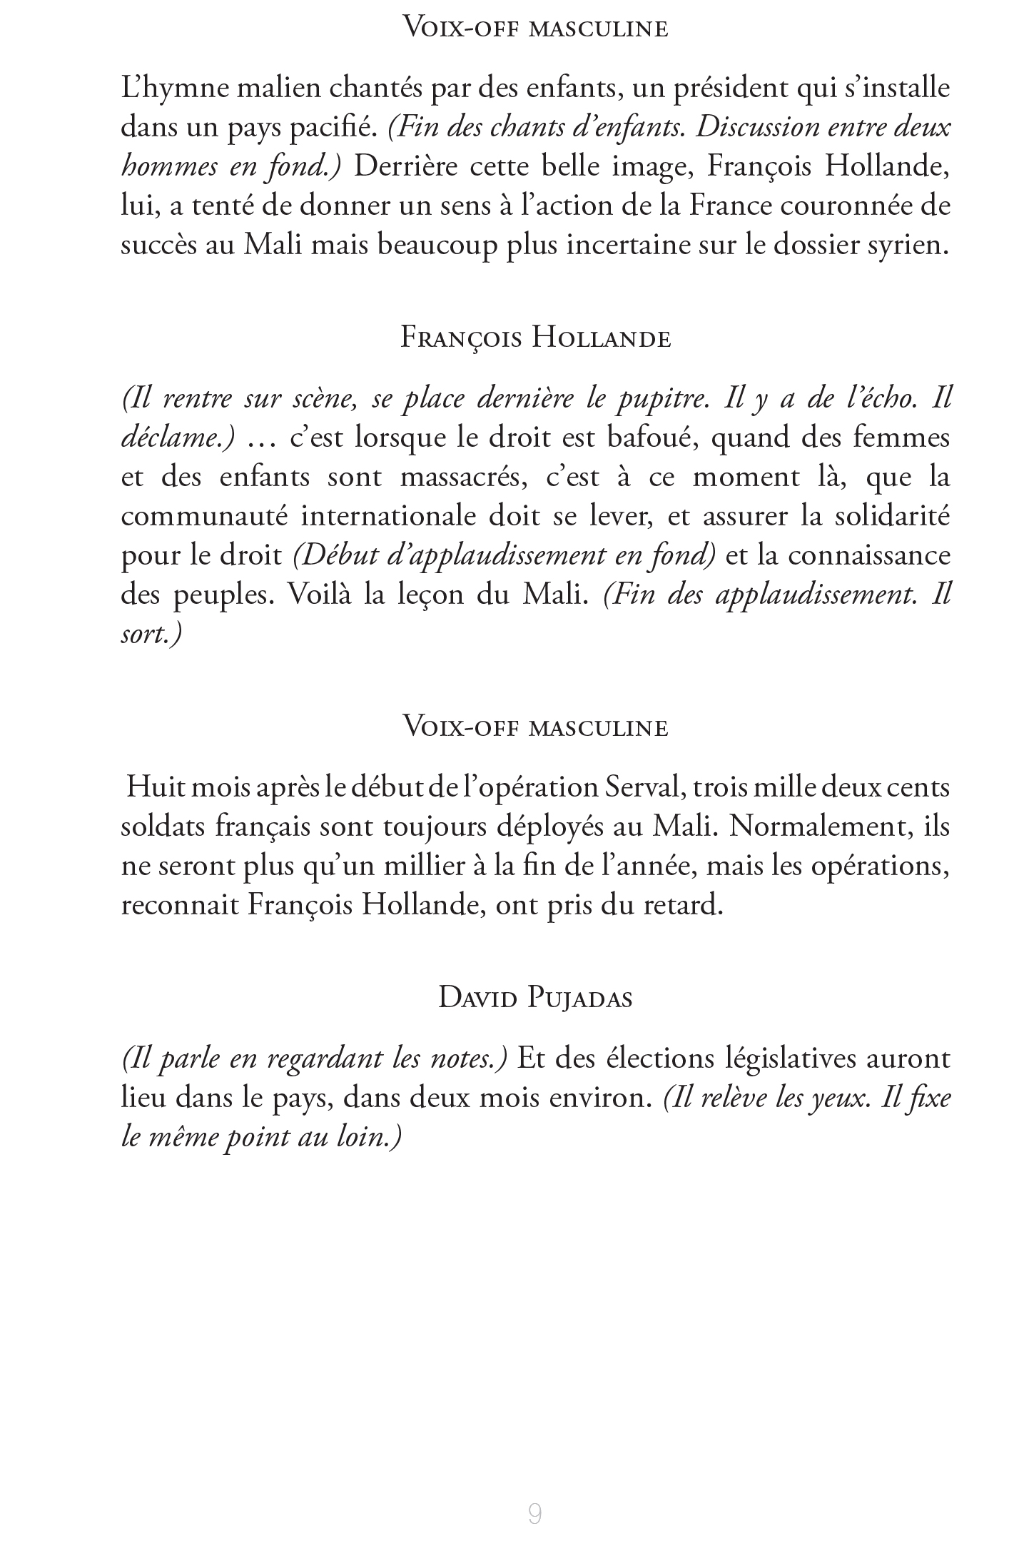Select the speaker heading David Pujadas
535,997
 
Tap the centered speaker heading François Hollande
535,338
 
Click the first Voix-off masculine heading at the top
535,29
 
